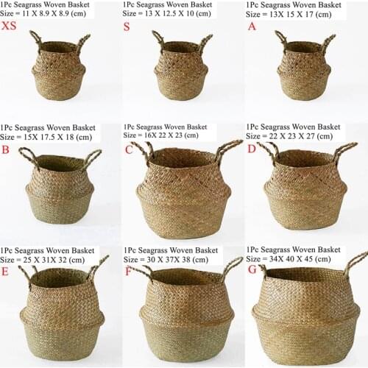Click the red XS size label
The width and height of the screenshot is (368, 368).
pos(10,26)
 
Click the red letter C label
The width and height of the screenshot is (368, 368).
pos(129,149)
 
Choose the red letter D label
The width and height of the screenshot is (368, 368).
pos(252,149)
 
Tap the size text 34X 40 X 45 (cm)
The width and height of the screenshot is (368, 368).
pos(289,259)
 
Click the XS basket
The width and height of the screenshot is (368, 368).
pos(59,70)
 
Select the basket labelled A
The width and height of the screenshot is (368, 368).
pos(303,70)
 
